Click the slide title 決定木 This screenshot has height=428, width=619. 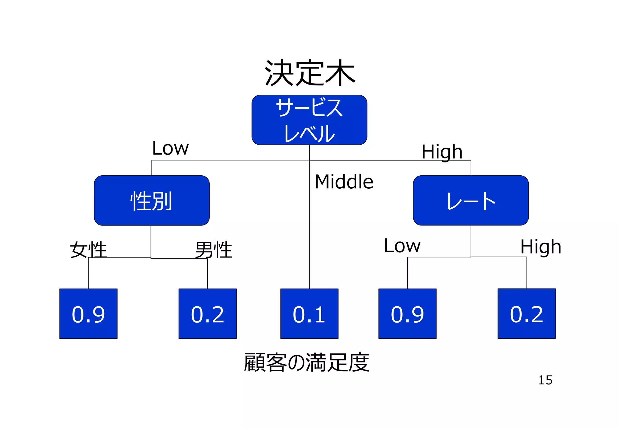click(x=309, y=73)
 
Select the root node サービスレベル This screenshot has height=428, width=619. click(x=309, y=120)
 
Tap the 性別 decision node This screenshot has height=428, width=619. click(x=151, y=200)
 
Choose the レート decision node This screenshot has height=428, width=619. click(x=471, y=200)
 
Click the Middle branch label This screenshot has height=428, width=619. click(x=344, y=182)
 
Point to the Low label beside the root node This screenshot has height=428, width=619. click(x=170, y=148)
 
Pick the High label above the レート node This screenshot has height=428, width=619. click(x=442, y=152)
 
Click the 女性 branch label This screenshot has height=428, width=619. click(x=88, y=250)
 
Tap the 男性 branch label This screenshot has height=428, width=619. click(x=213, y=250)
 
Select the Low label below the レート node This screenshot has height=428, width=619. click(x=402, y=246)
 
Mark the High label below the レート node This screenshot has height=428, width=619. click(x=540, y=247)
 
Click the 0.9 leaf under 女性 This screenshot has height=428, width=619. click(x=88, y=314)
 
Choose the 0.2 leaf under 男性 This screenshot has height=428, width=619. click(x=207, y=314)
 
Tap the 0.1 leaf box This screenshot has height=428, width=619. click(x=309, y=314)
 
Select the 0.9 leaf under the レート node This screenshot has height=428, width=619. click(x=407, y=314)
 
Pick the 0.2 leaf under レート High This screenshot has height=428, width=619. click(x=527, y=314)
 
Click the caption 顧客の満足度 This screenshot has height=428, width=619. click(x=306, y=362)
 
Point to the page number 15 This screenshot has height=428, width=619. click(x=545, y=380)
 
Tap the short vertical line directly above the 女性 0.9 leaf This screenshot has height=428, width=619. click(x=88, y=273)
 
